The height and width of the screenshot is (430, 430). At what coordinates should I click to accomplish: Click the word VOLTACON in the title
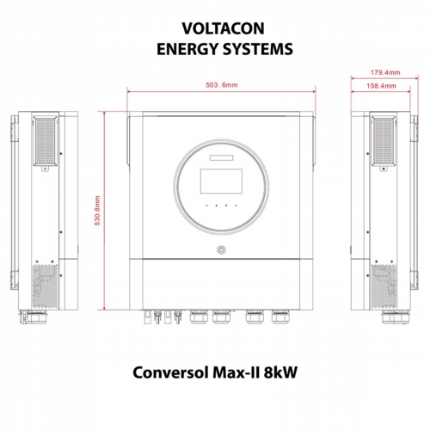point(223,28)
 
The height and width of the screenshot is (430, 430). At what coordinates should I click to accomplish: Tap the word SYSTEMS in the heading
point(258,49)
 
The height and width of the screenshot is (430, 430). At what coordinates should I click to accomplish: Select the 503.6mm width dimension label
point(222,85)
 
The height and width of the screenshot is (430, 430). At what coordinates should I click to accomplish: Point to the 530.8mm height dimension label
point(97,211)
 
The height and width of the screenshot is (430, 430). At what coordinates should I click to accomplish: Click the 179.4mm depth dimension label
point(385,72)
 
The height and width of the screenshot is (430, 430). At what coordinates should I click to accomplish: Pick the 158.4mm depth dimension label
point(381,86)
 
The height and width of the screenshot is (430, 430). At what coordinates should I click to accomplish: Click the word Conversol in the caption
point(170,372)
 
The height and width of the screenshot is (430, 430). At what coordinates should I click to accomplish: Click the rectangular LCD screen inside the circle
point(221,181)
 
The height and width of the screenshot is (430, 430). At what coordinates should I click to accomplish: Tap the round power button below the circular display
point(221,249)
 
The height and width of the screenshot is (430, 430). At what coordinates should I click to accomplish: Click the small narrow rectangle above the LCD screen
point(221,157)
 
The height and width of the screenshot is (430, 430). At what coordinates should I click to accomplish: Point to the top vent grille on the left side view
point(46,141)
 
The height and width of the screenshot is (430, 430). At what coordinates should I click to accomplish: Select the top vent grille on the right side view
point(384,141)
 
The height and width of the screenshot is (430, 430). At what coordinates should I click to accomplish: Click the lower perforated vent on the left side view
point(45,286)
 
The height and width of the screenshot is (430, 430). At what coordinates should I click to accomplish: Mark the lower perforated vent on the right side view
point(384,286)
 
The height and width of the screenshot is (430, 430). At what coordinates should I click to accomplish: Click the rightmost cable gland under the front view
point(280,316)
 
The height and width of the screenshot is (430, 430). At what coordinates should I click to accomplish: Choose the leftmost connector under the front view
point(147,316)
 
